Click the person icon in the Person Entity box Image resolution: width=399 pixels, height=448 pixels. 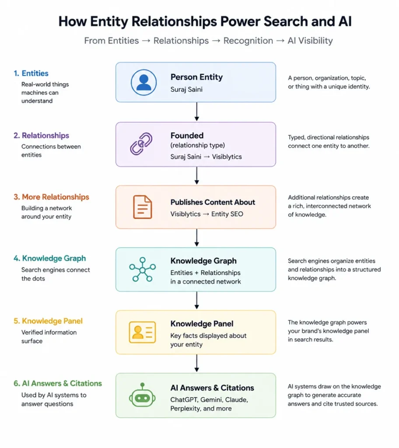[x=143, y=82]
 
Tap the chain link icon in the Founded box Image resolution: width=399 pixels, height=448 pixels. [x=141, y=143]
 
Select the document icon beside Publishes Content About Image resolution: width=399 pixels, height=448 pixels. [x=142, y=207]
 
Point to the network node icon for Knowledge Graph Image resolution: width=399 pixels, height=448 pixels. [x=142, y=269]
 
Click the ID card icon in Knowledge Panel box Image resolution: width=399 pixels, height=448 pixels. [x=142, y=332]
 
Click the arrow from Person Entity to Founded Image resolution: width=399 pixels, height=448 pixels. [x=196, y=112]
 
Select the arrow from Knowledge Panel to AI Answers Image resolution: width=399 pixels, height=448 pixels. [x=196, y=363]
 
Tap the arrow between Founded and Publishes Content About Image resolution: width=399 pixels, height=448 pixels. [x=196, y=175]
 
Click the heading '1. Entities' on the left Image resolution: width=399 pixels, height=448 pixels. [x=31, y=73]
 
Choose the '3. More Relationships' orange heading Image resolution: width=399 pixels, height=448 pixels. [x=52, y=197]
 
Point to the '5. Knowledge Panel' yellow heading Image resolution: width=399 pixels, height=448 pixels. [x=48, y=321]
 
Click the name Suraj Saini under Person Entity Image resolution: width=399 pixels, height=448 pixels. [x=186, y=89]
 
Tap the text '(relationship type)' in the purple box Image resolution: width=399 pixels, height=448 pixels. [x=197, y=145]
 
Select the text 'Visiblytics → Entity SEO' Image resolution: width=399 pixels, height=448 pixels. [x=206, y=214]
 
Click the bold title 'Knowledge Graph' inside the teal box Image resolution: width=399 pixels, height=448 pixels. [x=203, y=261]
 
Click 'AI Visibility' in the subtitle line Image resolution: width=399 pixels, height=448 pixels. [x=310, y=41]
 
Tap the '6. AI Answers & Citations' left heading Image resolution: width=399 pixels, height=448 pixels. [x=58, y=383]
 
